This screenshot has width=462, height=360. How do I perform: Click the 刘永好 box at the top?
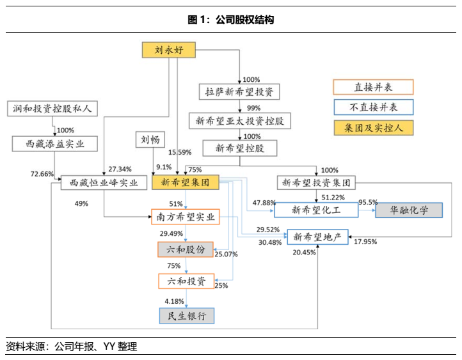(168, 51)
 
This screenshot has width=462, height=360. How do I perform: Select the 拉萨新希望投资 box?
(240, 92)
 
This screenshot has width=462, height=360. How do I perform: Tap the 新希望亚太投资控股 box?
(240, 120)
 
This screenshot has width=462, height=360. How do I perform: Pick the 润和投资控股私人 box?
(52, 109)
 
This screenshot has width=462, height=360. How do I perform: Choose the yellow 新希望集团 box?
(186, 183)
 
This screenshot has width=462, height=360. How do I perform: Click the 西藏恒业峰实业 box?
(99, 184)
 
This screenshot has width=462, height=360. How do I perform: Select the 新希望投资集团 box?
(316, 183)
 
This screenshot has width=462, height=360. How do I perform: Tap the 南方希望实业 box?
(186, 217)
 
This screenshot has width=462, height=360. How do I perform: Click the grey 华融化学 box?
(409, 210)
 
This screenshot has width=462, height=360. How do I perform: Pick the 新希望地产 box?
(318, 237)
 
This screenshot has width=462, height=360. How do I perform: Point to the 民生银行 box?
(186, 315)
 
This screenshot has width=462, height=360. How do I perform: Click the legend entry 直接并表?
(374, 87)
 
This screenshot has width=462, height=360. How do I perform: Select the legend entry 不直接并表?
(374, 107)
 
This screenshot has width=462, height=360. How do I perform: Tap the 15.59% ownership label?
(180, 152)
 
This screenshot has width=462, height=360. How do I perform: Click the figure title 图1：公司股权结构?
(231, 20)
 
